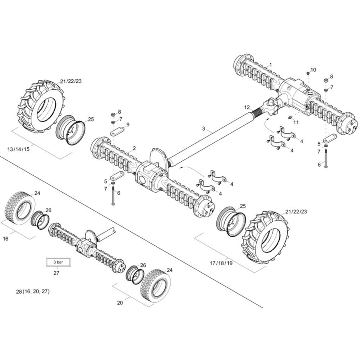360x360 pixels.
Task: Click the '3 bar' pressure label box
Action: tap(58, 262)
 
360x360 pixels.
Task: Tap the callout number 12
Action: tap(247, 107)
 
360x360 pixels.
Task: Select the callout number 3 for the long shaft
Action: tap(203, 129)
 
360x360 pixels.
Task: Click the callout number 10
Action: tap(313, 70)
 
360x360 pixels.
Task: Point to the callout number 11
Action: tap(296, 122)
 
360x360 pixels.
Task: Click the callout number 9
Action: tap(128, 125)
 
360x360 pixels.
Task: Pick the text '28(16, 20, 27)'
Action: tap(33, 292)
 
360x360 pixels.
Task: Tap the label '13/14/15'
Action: tap(18, 149)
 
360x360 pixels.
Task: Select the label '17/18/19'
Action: tap(221, 263)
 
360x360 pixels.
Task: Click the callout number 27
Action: tap(56, 273)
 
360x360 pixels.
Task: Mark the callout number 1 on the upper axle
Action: tap(270, 65)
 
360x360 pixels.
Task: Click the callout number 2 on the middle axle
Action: tap(134, 148)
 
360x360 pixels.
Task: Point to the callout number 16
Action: tap(5, 239)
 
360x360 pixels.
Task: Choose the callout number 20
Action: tap(120, 303)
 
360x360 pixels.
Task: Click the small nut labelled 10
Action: tap(308, 73)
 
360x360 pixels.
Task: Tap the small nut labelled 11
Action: tap(290, 118)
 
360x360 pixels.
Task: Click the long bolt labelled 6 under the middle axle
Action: tap(113, 195)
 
